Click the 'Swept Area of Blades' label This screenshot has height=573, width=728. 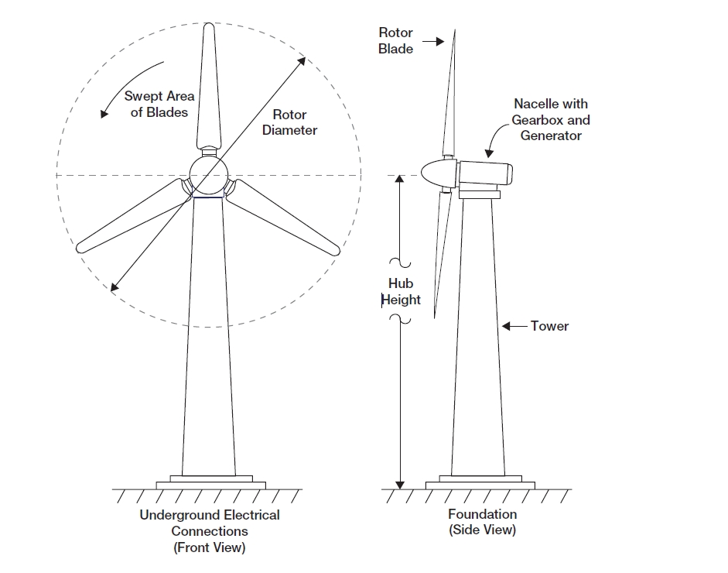(159, 105)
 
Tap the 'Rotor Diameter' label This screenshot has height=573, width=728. (289, 122)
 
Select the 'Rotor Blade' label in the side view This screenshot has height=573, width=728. (395, 40)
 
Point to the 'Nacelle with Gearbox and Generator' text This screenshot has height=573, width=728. (550, 119)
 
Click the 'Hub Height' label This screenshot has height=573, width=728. (401, 292)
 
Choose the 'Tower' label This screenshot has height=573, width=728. (549, 326)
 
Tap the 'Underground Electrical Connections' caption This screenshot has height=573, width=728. (210, 523)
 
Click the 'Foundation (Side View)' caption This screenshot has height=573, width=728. (482, 522)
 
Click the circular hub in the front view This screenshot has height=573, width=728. (207, 175)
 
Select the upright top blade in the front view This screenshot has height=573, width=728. (208, 85)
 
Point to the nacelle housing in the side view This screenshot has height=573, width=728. (484, 173)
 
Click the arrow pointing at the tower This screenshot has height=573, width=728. (514, 326)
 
